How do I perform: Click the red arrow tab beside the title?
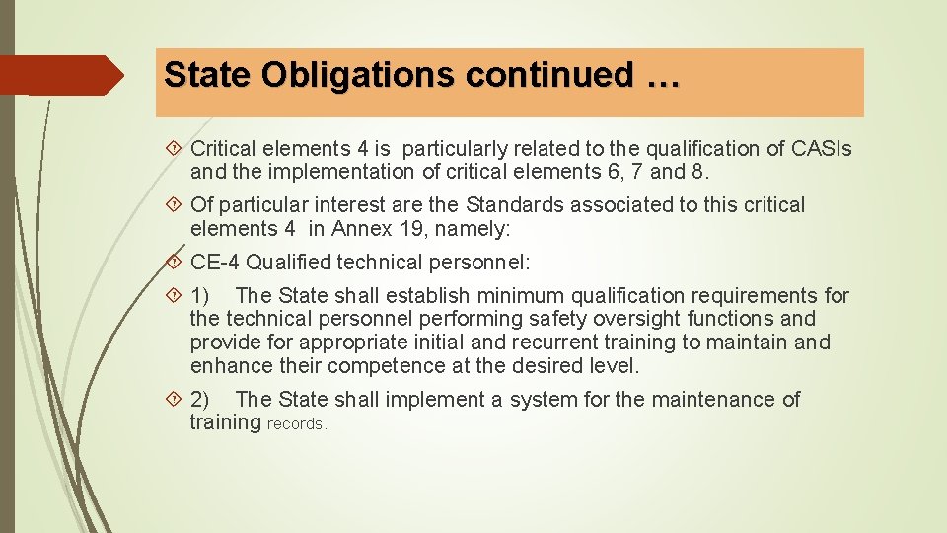coord(59,75)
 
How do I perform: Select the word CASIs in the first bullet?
coord(822,149)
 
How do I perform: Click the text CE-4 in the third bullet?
coord(215,263)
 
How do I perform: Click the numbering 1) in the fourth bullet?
coord(199,295)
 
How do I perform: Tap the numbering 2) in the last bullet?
coord(199,400)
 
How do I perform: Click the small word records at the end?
coord(297,424)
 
